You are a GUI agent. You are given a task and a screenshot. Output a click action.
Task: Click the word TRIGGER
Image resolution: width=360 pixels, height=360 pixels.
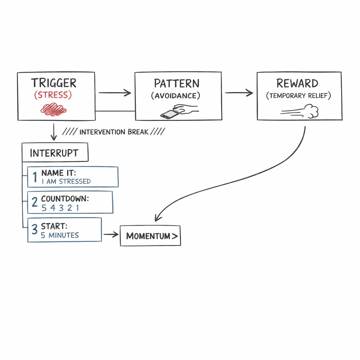click(x=53, y=83)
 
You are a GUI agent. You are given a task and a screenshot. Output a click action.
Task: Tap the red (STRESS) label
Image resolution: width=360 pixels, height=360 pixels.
click(x=53, y=95)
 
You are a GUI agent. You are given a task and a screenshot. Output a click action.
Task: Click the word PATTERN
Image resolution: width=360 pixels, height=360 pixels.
click(x=176, y=84)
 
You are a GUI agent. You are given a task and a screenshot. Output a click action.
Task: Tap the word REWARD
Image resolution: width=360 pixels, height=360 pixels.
click(x=297, y=84)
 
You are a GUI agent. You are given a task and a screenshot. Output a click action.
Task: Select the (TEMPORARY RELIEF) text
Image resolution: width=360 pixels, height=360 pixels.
click(x=298, y=96)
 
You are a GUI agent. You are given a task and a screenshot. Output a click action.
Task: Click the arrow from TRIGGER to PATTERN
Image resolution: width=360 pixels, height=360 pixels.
click(x=115, y=93)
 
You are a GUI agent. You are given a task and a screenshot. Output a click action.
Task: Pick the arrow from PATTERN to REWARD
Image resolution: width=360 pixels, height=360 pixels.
click(x=239, y=93)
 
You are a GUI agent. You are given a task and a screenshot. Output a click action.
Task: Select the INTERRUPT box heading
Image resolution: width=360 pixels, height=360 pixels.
click(x=54, y=153)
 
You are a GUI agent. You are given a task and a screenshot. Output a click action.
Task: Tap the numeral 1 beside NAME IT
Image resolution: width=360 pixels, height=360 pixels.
click(x=35, y=178)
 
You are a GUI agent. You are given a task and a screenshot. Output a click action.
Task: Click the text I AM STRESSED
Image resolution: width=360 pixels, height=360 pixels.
click(x=66, y=181)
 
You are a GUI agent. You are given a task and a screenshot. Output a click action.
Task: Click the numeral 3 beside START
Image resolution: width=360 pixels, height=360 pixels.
click(x=34, y=230)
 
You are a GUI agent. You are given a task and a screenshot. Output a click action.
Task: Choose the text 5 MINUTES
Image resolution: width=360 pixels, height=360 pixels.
click(x=60, y=235)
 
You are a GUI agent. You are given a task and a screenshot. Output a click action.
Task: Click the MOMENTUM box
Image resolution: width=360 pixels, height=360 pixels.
click(x=150, y=236)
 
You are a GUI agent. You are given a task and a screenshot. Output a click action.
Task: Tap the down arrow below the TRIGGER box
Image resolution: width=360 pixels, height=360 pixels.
click(x=54, y=132)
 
